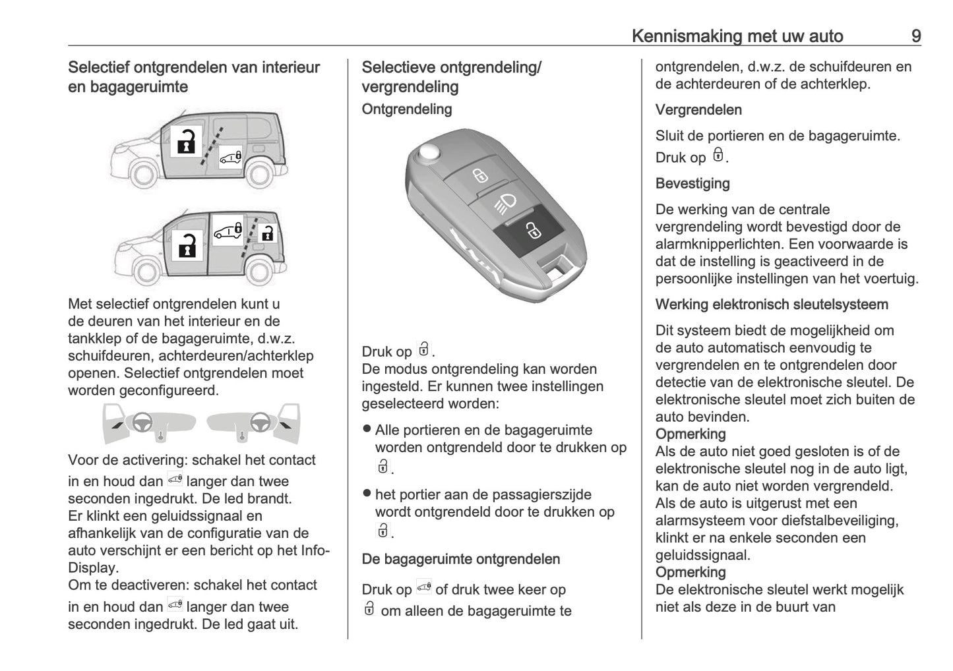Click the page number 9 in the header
click(x=915, y=36)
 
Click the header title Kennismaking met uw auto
click(x=737, y=36)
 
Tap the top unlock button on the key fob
click(x=479, y=176)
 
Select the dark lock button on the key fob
click(x=531, y=231)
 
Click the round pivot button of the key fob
click(x=429, y=153)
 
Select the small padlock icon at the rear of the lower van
click(x=267, y=233)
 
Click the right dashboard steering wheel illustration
click(x=258, y=423)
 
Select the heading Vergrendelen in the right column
click(x=698, y=110)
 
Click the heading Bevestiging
click(x=692, y=183)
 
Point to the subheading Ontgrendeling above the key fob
click(x=406, y=109)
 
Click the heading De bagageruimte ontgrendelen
click(x=460, y=559)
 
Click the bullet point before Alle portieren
click(x=367, y=429)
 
